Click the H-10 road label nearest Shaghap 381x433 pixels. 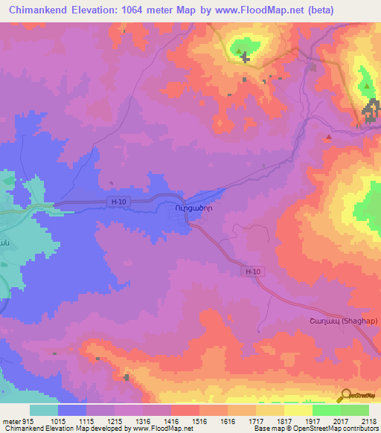click(253, 272)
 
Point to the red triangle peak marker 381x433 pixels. click(328, 138)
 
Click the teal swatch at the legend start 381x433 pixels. click(44, 410)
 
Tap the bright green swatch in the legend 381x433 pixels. click(326, 410)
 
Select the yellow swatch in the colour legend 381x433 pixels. click(298, 410)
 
